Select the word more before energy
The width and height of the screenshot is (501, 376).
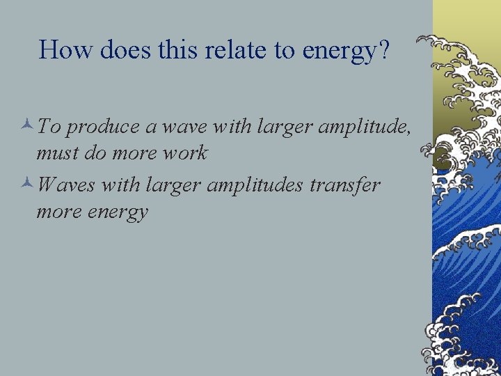pos(58,211)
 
